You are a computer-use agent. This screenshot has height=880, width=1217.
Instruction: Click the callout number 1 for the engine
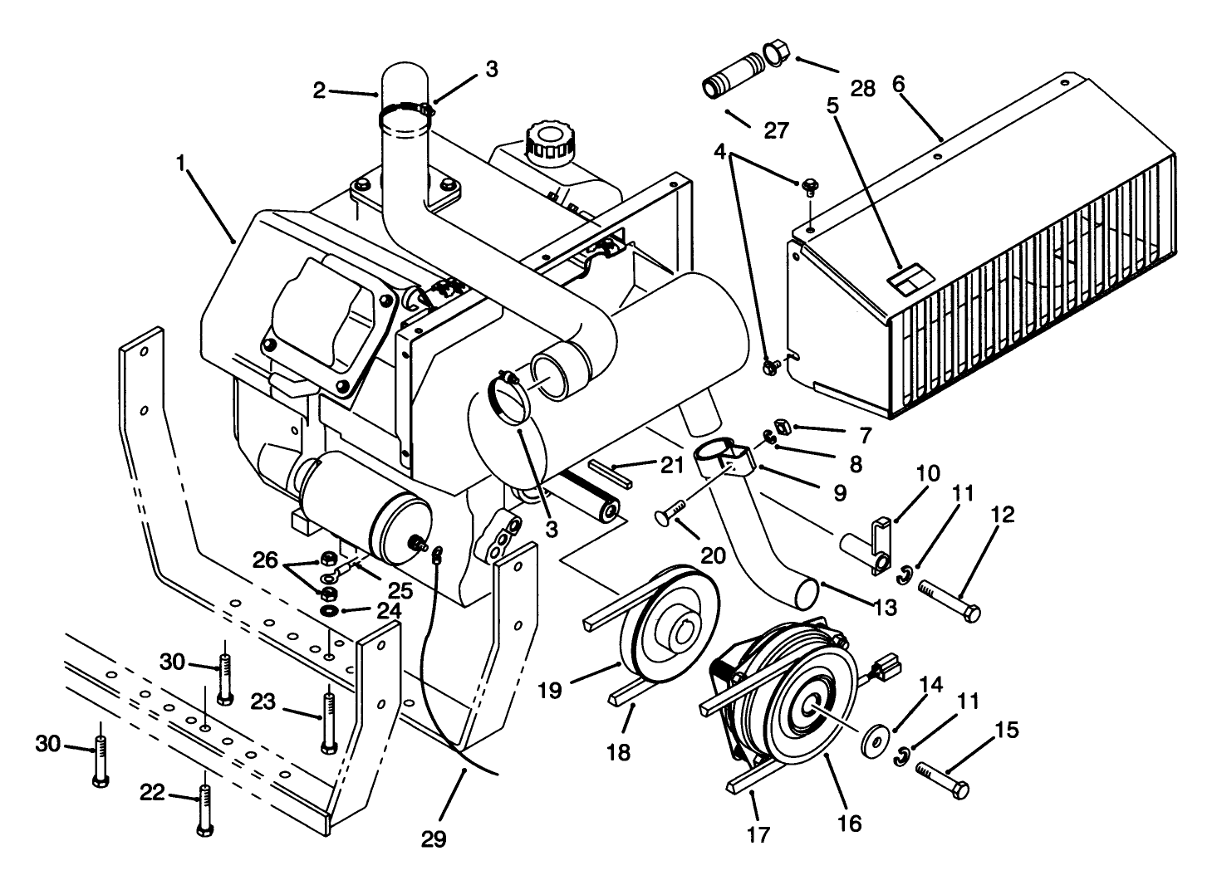179,164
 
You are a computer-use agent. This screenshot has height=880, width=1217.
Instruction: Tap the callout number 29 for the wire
434,839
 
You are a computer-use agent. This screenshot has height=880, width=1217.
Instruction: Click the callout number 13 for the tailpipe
886,609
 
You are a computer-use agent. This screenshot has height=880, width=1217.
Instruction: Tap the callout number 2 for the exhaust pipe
320,90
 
